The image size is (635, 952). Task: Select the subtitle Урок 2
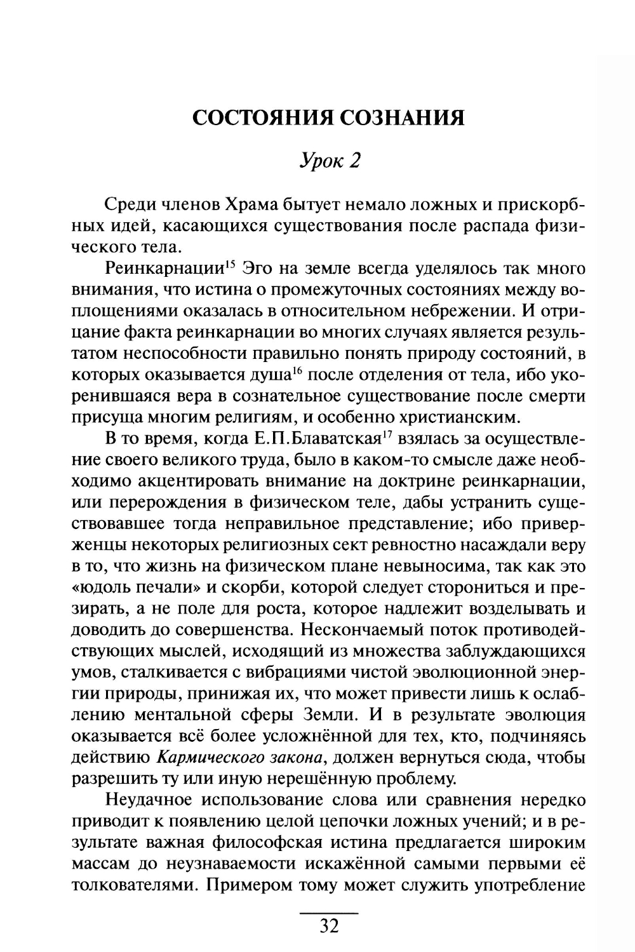(330, 161)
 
